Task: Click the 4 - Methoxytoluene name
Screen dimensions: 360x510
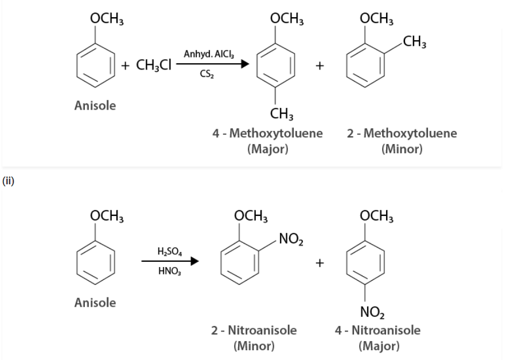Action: (x=267, y=133)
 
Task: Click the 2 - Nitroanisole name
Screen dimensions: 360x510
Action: (x=254, y=330)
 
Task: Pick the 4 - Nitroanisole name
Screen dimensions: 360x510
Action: (x=378, y=330)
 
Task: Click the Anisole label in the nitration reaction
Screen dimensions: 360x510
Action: (x=95, y=302)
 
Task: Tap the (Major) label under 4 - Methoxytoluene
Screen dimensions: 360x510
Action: (x=267, y=149)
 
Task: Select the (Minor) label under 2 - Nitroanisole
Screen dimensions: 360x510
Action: (x=254, y=346)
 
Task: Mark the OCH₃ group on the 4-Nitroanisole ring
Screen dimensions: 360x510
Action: (x=377, y=217)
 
